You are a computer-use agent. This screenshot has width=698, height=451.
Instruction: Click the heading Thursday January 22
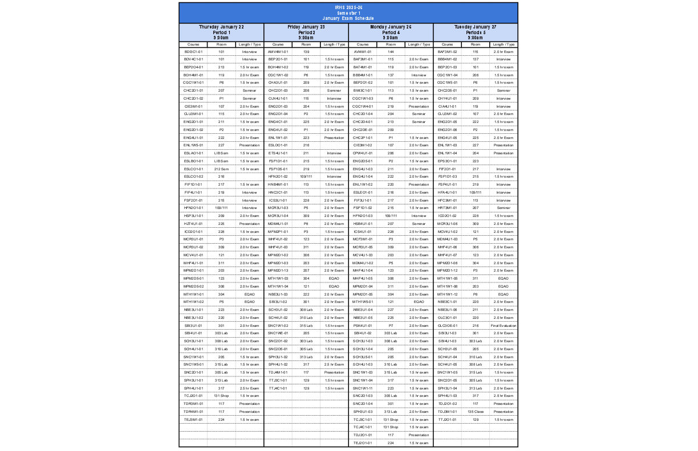coord(221,27)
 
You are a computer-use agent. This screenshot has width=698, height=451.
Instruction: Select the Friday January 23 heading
coord(306,27)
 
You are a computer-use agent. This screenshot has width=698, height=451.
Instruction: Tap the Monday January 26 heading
coord(391,27)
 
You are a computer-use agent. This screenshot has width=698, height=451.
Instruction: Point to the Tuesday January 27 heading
coord(476,27)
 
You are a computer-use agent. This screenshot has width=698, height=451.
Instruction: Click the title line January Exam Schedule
coord(348,19)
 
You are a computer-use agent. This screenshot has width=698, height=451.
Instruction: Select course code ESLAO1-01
coord(193,153)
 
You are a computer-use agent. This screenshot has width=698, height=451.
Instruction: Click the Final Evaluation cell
coord(504,326)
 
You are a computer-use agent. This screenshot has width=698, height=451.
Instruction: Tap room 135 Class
coord(476,411)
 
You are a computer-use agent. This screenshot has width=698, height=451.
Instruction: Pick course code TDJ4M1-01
coord(278,372)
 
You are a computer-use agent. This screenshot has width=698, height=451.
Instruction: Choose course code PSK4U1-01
coord(363,326)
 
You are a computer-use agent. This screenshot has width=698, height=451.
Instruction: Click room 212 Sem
coord(221,169)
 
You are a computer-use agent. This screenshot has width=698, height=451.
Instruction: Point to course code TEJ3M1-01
coord(193,419)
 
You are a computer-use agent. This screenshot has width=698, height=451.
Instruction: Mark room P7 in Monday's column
coord(391,326)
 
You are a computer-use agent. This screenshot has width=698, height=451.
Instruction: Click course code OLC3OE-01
coord(448,326)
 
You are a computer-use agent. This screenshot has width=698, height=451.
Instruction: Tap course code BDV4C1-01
coord(193,59)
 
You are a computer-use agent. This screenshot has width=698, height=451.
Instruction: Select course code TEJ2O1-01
coord(363,442)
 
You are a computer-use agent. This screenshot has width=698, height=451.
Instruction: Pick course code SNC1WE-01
coord(278,333)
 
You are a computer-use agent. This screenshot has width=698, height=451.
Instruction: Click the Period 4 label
coord(391,32)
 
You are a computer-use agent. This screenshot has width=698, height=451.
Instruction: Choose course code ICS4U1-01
coord(363,232)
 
